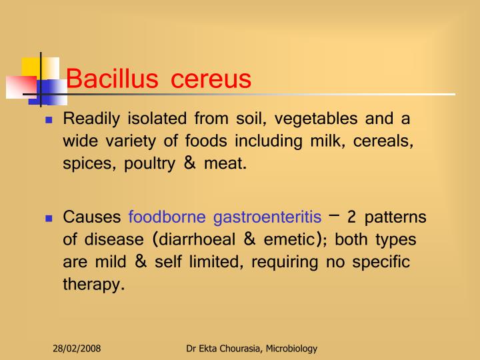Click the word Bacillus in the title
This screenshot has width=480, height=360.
pyautogui.click(x=112, y=79)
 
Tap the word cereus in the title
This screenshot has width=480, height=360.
pyautogui.click(x=211, y=79)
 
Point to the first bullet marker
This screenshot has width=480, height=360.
pyautogui.click(x=49, y=121)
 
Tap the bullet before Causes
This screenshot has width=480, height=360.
pyautogui.click(x=49, y=219)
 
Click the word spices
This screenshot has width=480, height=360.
pyautogui.click(x=88, y=163)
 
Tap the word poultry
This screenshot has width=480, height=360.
pyautogui.click(x=151, y=163)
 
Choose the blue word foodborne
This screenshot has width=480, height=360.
pyautogui.click(x=167, y=217)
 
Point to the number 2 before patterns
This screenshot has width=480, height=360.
pyautogui.click(x=352, y=217)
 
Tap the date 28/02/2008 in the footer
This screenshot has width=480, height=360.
pyautogui.click(x=77, y=349)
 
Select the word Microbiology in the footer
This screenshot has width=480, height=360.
pyautogui.click(x=290, y=349)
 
